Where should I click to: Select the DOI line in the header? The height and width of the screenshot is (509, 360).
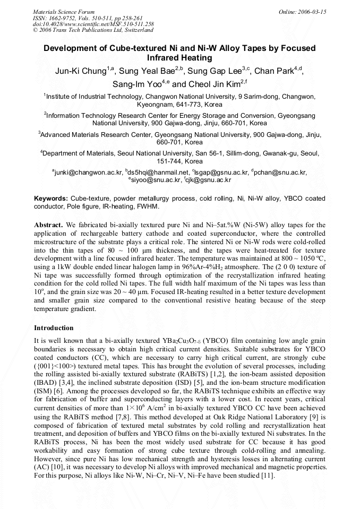pyautogui.click(x=93, y=24)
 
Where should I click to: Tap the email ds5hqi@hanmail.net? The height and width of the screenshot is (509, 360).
pyautogui.click(x=158, y=172)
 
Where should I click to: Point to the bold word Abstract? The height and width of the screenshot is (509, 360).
pyautogui.click(x=48, y=226)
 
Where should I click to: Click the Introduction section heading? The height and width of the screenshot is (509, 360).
pyautogui.click(x=54, y=328)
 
